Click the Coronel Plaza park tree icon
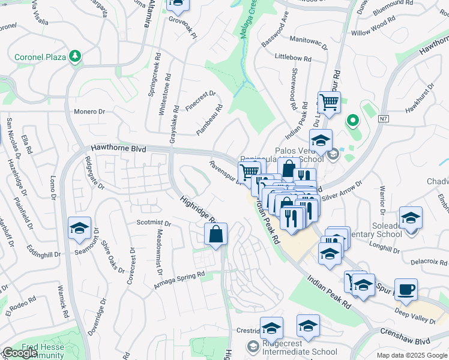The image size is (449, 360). click(x=75, y=56)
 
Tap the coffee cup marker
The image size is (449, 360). click(x=405, y=289)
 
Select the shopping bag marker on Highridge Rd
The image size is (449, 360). click(x=216, y=234)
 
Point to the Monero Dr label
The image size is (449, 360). click(x=89, y=112)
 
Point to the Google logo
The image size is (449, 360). click(x=19, y=353)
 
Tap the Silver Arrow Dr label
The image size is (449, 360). click(x=343, y=191)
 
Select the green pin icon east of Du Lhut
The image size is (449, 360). click(x=352, y=121)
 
